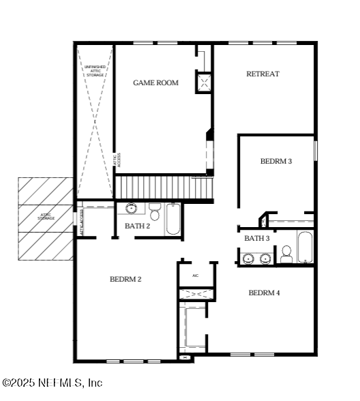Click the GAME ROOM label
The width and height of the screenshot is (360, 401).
155,83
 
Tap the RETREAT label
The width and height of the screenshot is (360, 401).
262,74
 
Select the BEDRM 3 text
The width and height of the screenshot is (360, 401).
276,162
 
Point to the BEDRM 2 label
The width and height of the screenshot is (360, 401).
125,279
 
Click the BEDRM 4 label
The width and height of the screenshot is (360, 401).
264,293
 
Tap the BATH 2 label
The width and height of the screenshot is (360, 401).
137,226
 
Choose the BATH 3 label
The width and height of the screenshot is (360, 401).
257,238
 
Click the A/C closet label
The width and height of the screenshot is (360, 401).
195,276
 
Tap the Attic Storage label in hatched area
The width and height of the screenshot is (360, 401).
46,216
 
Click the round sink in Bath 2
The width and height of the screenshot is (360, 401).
131,208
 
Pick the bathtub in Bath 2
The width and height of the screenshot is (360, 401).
173,219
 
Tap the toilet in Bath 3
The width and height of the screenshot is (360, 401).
286,254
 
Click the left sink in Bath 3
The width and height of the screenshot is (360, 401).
249,258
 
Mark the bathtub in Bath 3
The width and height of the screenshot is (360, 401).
304,247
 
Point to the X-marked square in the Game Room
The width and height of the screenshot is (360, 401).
204,83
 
